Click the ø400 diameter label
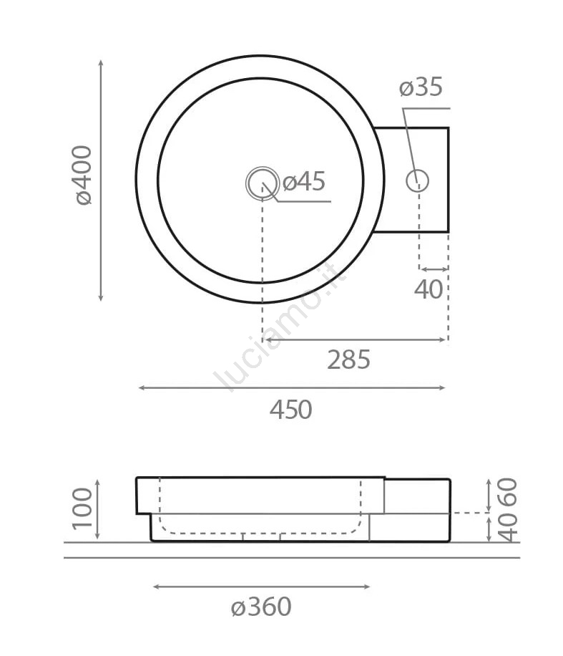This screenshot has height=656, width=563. (x=82, y=175)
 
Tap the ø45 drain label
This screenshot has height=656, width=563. (x=304, y=182)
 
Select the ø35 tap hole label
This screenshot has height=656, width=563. (x=421, y=87)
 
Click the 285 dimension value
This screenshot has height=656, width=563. (x=348, y=360)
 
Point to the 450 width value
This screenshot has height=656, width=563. (x=291, y=410)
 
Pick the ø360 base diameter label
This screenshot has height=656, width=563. (x=261, y=607)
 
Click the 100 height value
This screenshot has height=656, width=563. (x=82, y=508)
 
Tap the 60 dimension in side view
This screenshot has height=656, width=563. (x=508, y=492)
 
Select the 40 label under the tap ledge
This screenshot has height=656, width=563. (x=429, y=289)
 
